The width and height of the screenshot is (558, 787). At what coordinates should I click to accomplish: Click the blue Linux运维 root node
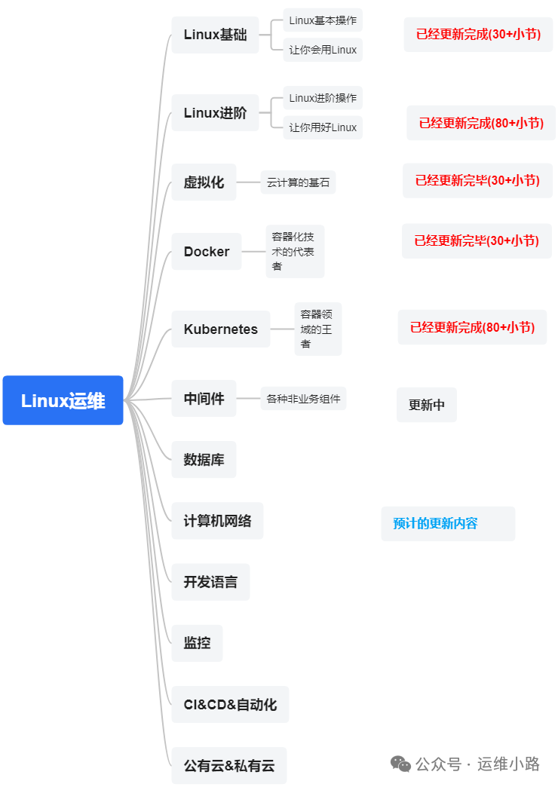click(x=63, y=400)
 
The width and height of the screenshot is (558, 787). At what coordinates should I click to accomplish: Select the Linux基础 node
click(x=215, y=35)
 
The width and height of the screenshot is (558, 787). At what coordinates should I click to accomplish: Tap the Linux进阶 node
click(x=215, y=113)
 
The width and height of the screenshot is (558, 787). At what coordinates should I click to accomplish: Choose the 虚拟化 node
click(x=204, y=182)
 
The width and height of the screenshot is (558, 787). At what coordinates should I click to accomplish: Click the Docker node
click(x=207, y=252)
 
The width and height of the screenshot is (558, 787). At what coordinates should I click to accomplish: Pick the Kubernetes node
click(x=220, y=329)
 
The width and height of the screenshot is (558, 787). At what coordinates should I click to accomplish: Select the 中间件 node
click(x=204, y=399)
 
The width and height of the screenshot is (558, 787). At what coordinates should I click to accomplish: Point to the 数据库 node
click(x=204, y=460)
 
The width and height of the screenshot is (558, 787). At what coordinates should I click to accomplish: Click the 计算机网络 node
click(x=217, y=521)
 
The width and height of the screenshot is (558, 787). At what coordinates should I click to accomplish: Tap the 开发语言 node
click(x=210, y=582)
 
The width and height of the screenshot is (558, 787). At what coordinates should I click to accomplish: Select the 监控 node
click(x=197, y=643)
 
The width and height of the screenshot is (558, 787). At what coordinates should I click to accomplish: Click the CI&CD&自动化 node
click(x=230, y=705)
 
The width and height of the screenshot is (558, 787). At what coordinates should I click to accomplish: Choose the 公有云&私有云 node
click(x=229, y=766)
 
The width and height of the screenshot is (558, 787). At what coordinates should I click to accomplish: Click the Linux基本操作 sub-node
click(x=323, y=20)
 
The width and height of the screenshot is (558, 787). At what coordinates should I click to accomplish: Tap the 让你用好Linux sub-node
click(x=323, y=127)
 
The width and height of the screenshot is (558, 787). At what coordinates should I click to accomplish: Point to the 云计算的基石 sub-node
click(x=298, y=182)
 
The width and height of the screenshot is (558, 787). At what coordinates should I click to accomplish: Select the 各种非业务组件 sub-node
click(x=303, y=399)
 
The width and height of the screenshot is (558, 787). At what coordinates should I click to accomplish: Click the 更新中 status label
click(x=427, y=405)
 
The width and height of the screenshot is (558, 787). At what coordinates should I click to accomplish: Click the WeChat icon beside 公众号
click(x=401, y=764)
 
